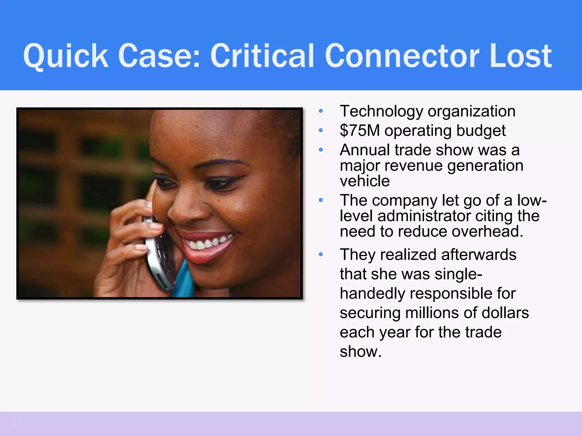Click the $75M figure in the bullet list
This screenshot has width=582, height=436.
click(x=359, y=131)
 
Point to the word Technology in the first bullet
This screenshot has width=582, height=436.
click(x=381, y=111)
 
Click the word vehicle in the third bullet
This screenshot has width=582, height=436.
click(x=365, y=181)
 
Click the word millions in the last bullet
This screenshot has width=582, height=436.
click(x=432, y=313)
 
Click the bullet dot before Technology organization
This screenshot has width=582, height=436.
click(x=321, y=111)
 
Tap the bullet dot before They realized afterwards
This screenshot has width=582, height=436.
click(x=321, y=255)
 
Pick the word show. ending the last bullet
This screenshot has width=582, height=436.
click(x=360, y=352)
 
